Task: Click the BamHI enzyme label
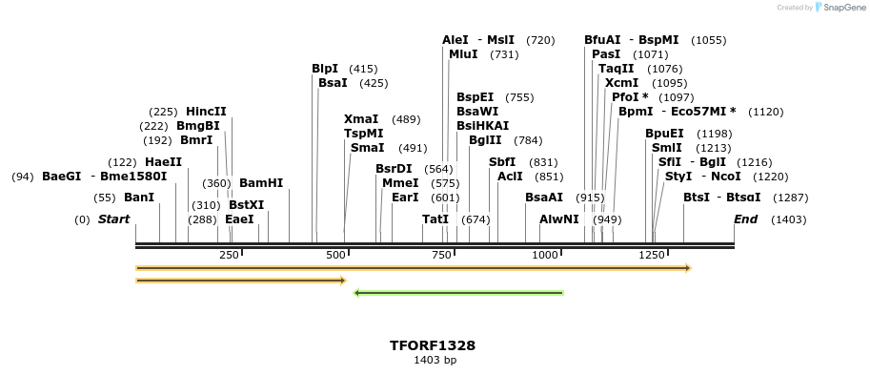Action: [x=260, y=183]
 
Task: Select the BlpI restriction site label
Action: [x=325, y=69]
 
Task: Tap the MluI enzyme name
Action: [x=463, y=54]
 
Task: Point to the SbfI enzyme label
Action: [x=502, y=162]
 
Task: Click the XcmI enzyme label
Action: [x=621, y=83]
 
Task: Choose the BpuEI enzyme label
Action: [x=664, y=134]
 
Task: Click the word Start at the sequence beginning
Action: [x=113, y=219]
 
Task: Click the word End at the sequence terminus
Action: [x=745, y=219]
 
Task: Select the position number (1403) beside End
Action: [x=788, y=219]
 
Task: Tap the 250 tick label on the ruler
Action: [x=229, y=255]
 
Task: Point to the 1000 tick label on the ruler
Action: [x=545, y=255]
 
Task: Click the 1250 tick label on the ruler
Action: [x=651, y=255]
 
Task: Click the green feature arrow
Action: [x=458, y=293]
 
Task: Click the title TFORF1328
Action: [x=433, y=345]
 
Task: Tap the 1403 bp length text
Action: [x=434, y=361]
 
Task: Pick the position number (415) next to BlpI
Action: [x=363, y=69]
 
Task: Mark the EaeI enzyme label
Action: [x=239, y=219]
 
